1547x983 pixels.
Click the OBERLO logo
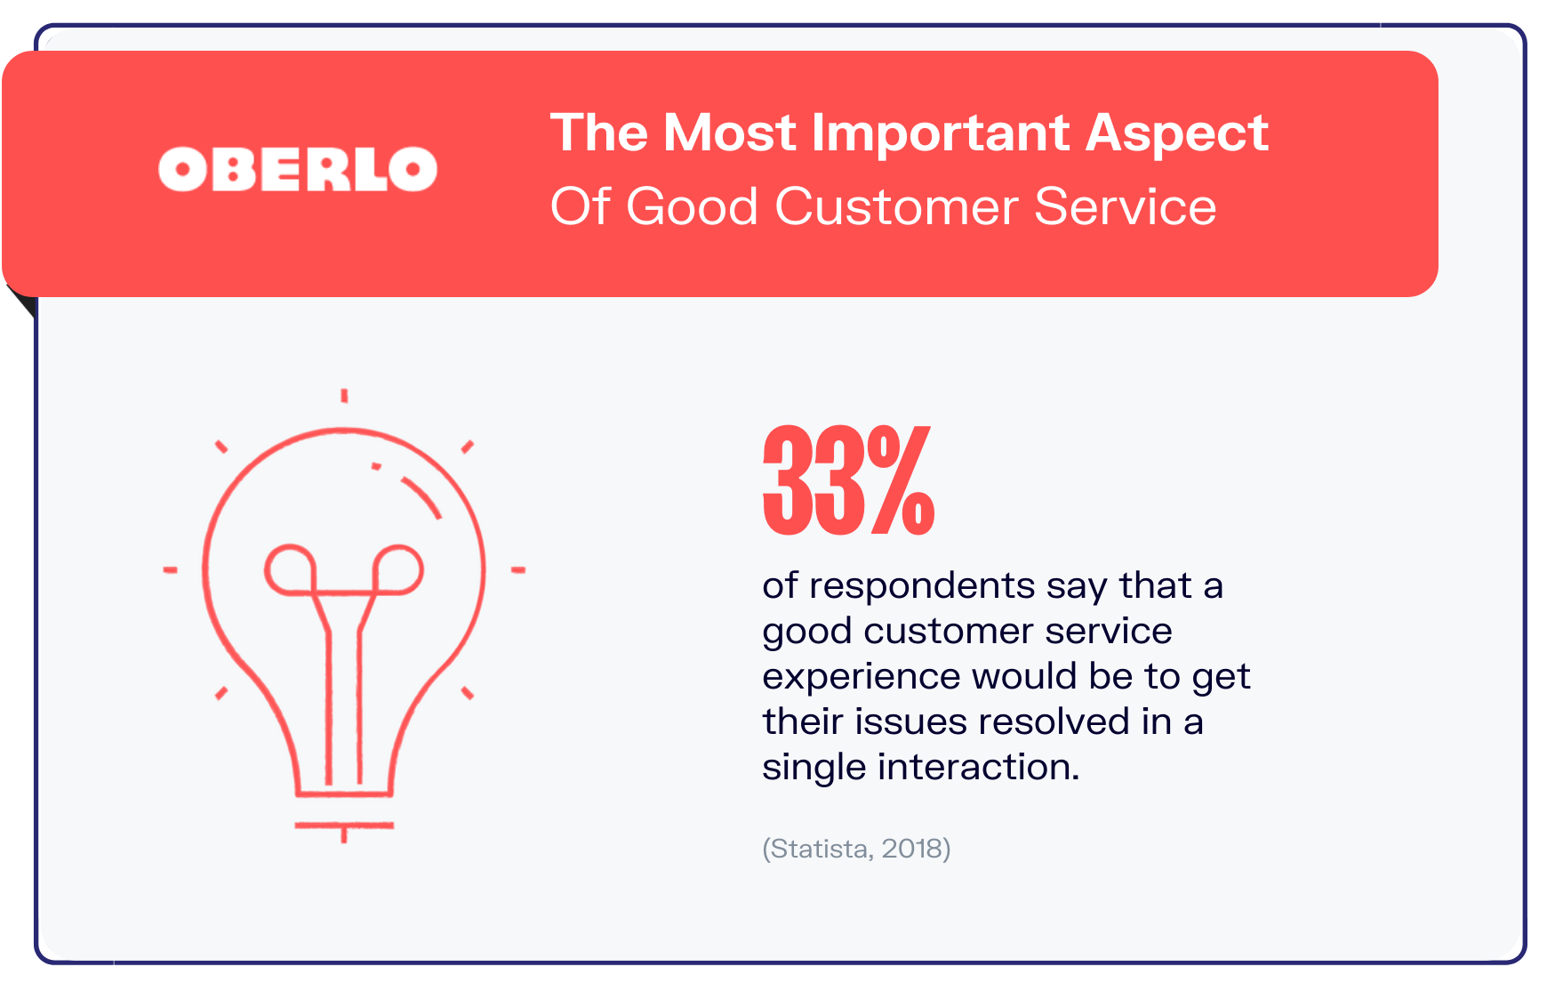coord(298,169)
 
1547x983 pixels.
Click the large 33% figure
coord(848,481)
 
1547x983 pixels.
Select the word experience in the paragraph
coord(860,677)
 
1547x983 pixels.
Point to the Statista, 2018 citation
coord(856,849)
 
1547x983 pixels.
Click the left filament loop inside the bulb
coord(290,569)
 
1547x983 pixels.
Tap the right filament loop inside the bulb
coord(397,569)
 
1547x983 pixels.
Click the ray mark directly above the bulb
coord(344,396)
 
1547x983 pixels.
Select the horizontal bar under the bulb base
coord(344,826)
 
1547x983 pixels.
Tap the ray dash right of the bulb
coord(517,569)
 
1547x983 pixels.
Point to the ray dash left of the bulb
coord(170,569)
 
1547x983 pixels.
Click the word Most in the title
coord(730,133)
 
